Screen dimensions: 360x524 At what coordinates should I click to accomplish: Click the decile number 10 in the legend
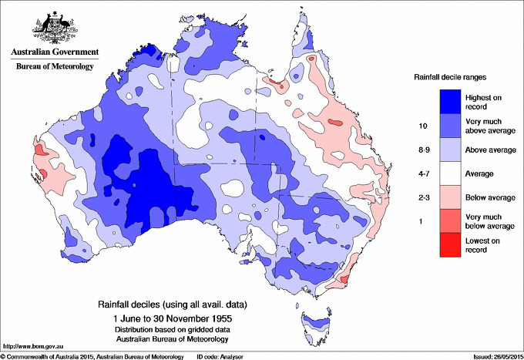[422, 126]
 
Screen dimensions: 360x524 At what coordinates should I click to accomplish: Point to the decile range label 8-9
[422, 150]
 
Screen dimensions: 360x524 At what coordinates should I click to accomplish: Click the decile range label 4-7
[422, 173]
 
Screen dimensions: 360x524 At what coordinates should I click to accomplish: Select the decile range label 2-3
[422, 197]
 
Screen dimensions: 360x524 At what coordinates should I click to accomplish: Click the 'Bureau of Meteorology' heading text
[55, 66]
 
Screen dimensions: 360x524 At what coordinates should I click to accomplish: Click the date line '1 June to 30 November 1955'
[168, 318]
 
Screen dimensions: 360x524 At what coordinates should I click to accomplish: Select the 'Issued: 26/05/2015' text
[492, 355]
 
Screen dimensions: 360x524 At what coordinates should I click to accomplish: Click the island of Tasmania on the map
[307, 317]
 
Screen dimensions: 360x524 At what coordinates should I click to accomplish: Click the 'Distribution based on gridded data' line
[168, 328]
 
